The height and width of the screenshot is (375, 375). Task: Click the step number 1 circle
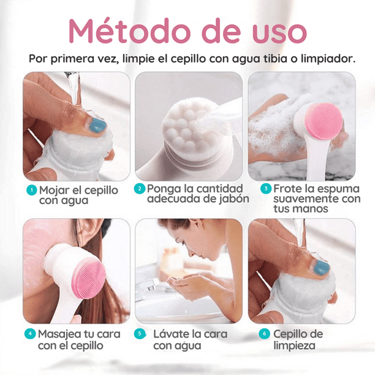pos(31,189)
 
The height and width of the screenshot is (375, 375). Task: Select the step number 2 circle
pos(140,189)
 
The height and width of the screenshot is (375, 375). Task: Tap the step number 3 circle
pos(265,189)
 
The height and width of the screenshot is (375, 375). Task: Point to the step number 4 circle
pos(29,334)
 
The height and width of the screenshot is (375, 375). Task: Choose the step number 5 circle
pos(140,334)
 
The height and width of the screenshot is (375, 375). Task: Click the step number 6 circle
pos(264,334)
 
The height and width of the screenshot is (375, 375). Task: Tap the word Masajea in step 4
pos(61,334)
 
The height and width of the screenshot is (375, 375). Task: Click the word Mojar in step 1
pos(55,189)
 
